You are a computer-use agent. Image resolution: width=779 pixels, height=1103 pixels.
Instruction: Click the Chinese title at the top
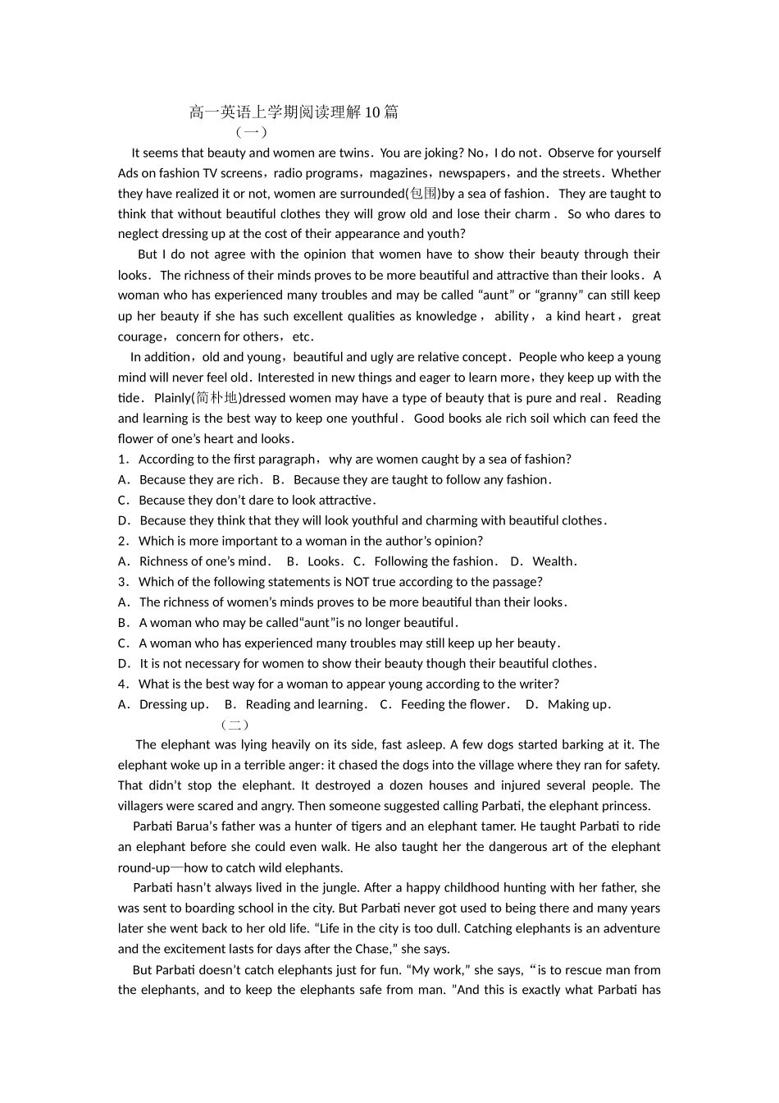(294, 112)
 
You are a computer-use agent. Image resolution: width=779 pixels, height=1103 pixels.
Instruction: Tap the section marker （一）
(250, 132)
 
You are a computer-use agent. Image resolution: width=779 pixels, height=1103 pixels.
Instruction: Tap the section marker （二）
(235, 725)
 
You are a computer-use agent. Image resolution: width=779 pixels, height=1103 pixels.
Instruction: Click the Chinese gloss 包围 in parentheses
(423, 194)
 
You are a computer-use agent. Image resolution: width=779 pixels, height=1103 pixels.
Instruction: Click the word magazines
(399, 173)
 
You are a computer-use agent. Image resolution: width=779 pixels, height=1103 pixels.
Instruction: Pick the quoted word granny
(559, 295)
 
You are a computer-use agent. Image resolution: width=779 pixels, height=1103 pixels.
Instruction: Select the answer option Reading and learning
(304, 704)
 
